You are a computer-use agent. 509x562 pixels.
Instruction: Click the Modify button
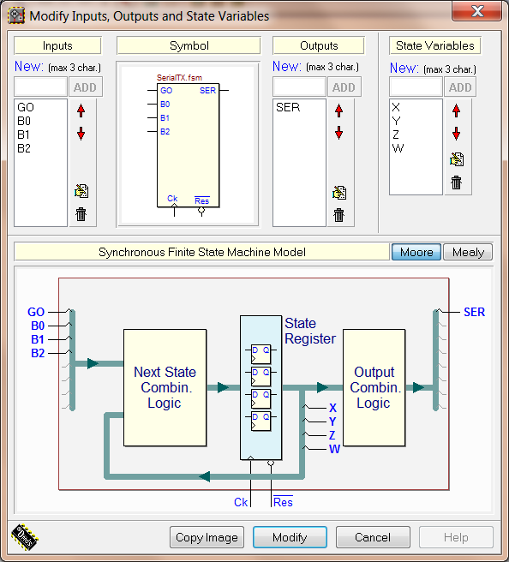[x=290, y=537]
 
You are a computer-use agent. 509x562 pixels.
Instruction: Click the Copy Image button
[x=207, y=537]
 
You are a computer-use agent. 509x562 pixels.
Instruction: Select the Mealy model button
[x=468, y=252]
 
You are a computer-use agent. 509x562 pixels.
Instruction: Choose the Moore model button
[x=416, y=252]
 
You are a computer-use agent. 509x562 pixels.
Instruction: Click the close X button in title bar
[x=477, y=11]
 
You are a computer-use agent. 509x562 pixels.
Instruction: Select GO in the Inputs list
[x=26, y=107]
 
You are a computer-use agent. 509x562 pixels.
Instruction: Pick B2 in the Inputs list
[x=24, y=148]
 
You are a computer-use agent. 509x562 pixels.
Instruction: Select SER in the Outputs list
[x=288, y=107]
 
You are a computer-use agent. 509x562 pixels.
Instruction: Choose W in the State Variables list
[x=398, y=148]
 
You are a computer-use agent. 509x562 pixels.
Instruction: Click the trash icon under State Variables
[x=457, y=182]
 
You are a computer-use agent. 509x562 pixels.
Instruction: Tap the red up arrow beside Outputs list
[x=338, y=111]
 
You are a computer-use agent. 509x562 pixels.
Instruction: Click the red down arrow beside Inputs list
[x=81, y=134]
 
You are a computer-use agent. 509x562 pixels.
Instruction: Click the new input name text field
[x=40, y=87]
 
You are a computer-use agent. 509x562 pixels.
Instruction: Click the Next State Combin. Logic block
[x=165, y=387]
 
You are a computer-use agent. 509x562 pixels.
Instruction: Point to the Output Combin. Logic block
[x=374, y=387]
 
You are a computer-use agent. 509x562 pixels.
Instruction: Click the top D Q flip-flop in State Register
[x=260, y=354]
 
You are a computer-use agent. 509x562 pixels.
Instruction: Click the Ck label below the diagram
[x=241, y=502]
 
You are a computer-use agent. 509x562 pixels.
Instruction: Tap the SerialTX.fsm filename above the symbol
[x=179, y=77]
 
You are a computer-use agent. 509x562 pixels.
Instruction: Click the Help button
[x=456, y=537]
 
